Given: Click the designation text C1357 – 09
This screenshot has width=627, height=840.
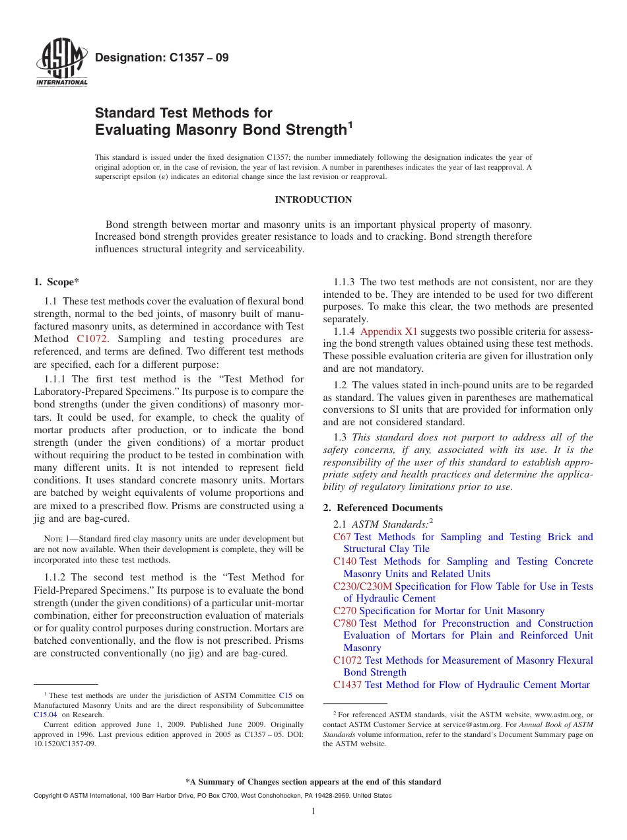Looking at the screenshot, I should pyautogui.click(x=162, y=58).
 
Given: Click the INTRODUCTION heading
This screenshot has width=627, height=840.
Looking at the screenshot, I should pyautogui.click(x=313, y=199).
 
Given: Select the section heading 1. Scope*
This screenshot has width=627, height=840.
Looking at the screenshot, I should pyautogui.click(x=56, y=282).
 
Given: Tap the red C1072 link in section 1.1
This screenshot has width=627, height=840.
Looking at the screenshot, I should pyautogui.click(x=92, y=339).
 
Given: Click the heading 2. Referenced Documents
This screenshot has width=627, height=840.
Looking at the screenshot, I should pyautogui.click(x=383, y=508).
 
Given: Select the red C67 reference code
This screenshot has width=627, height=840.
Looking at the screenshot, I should pyautogui.click(x=342, y=537).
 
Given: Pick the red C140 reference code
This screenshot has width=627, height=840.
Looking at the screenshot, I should pyautogui.click(x=345, y=561).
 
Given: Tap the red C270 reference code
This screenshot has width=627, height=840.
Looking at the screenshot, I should pyautogui.click(x=345, y=611).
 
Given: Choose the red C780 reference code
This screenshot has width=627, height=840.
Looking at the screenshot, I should pyautogui.click(x=345, y=623).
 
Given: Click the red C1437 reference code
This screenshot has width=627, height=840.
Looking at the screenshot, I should pyautogui.click(x=347, y=685).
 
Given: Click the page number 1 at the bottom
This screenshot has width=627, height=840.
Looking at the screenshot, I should pyautogui.click(x=313, y=812).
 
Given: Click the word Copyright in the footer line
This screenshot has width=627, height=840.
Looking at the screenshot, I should pyautogui.click(x=48, y=796).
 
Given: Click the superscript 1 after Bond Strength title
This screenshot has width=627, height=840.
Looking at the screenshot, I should pyautogui.click(x=350, y=123).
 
